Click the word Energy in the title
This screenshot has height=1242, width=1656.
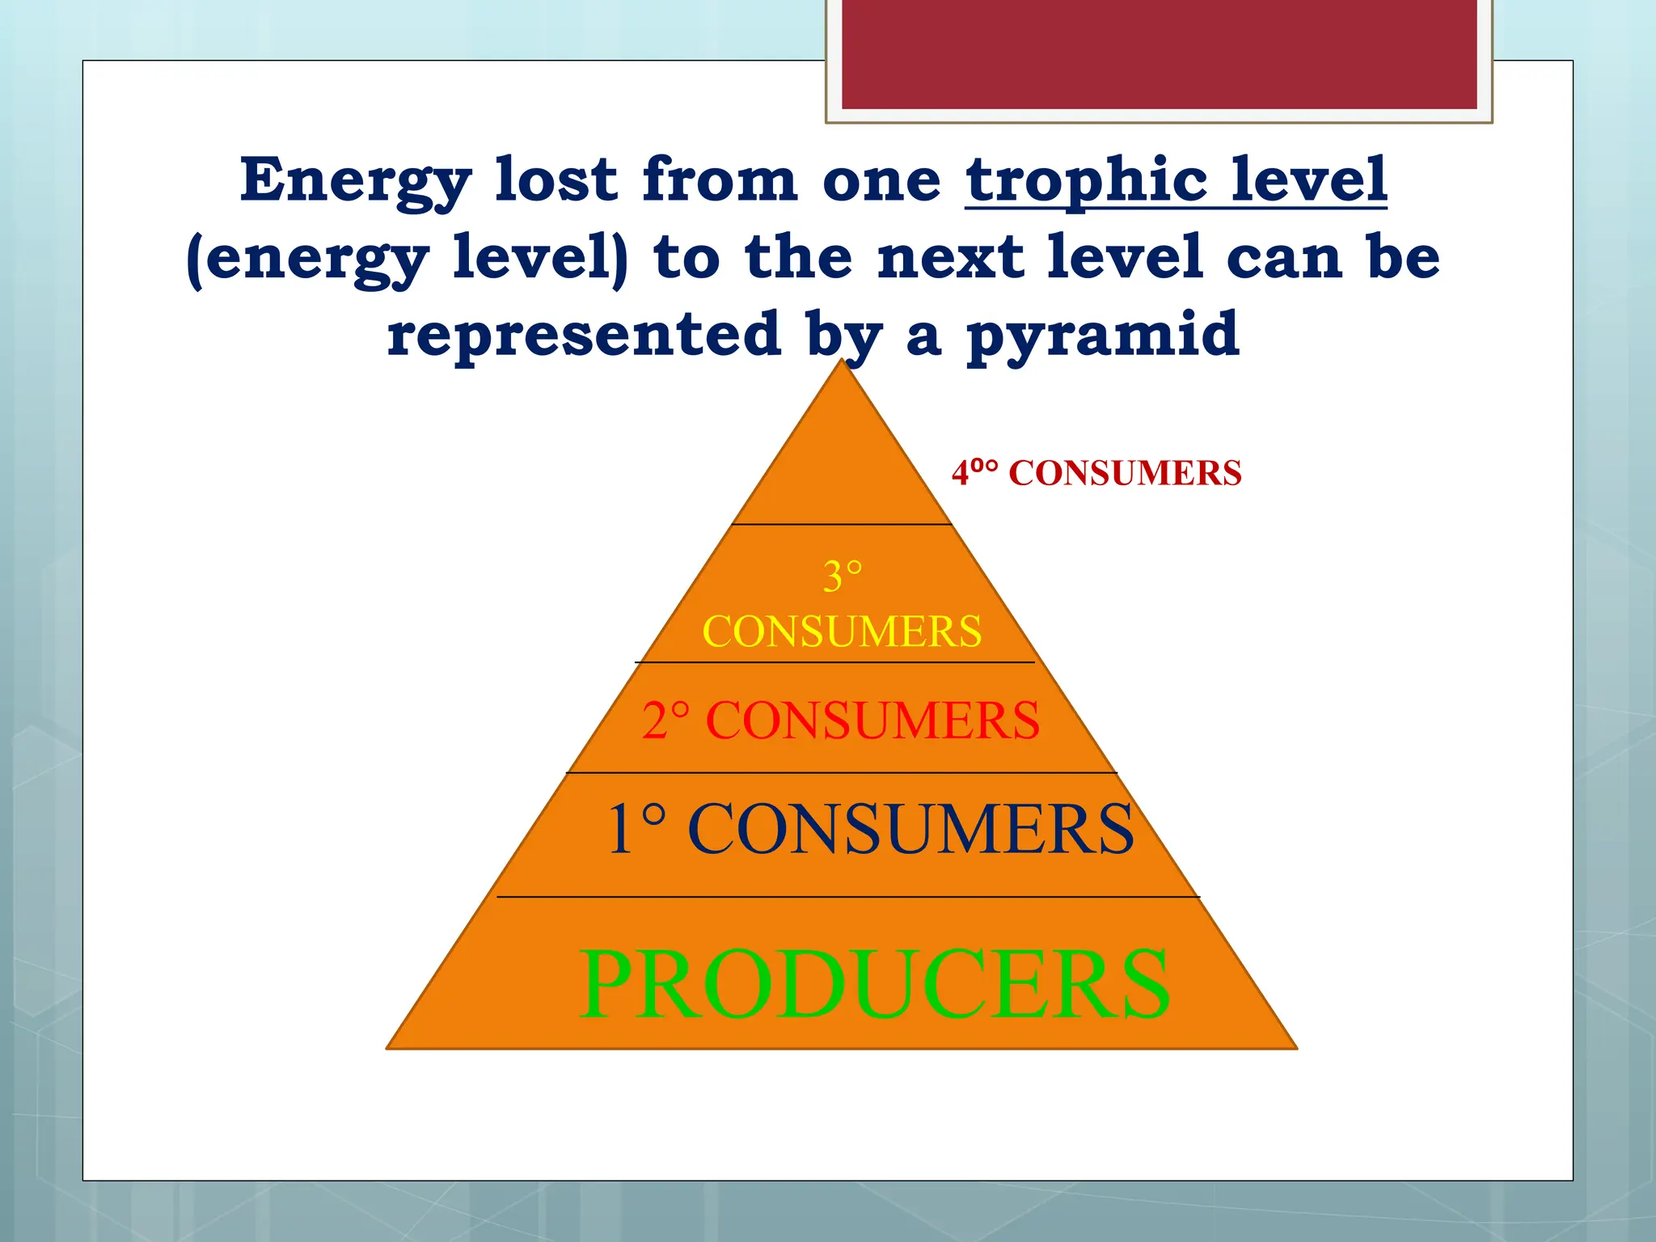[x=356, y=182]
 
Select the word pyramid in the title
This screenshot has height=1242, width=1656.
[x=1103, y=335]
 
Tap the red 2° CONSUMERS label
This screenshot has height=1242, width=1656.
[x=841, y=720]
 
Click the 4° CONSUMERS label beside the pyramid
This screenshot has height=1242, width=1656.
[x=1096, y=473]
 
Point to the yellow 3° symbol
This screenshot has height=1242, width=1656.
[x=843, y=577]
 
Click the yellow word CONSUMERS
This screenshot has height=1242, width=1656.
[x=842, y=632]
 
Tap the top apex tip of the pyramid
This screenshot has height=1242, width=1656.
[x=843, y=362]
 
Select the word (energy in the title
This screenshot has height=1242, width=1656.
[x=307, y=259]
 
